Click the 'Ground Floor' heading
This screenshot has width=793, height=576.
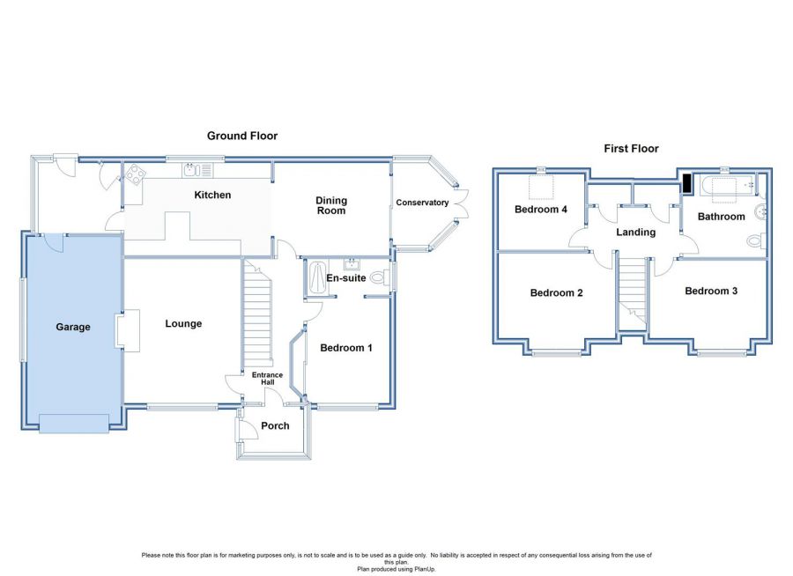point(242,136)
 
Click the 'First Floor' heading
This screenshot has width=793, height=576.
point(631,149)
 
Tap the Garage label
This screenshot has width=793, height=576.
point(74,327)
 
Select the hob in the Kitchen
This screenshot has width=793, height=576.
point(134,174)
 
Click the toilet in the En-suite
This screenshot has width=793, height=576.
point(379,277)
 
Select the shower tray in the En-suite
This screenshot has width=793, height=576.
point(315,277)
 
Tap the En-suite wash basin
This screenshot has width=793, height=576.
point(352,264)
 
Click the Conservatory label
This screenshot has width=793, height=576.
point(422,203)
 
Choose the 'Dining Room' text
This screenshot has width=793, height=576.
point(331,205)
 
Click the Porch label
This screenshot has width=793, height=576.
point(275,425)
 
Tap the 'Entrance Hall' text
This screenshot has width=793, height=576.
point(268,380)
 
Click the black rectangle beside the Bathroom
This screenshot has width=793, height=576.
point(686,183)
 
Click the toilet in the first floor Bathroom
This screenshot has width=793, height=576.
point(755,241)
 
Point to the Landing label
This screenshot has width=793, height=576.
point(635,233)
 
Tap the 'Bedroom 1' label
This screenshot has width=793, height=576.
point(345,348)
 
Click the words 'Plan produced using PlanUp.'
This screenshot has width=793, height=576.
point(396,569)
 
